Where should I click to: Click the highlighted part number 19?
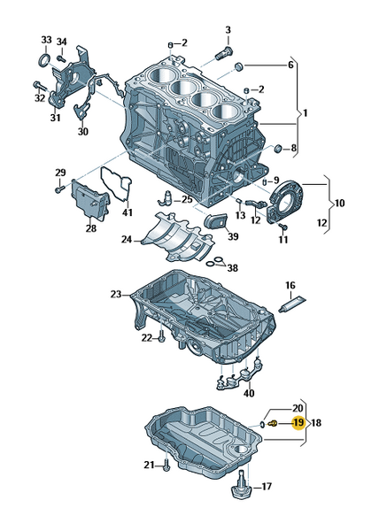pos(298,423)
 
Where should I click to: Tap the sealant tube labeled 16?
pos(292,304)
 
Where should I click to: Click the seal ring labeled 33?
pos(44,60)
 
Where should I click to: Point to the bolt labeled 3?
pos(224,53)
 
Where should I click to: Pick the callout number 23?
pos(116,295)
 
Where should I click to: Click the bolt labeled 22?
pos(162,337)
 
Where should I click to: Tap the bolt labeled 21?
pos(166,466)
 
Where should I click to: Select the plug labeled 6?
pos(239,66)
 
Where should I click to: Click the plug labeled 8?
pos(278,148)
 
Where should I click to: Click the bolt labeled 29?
pos(59,189)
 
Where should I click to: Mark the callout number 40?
pos(249,394)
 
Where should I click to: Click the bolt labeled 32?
pos(39,87)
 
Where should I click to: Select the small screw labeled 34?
pos(61,58)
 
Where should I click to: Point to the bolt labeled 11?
pos(283,226)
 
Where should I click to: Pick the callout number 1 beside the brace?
pos(305,112)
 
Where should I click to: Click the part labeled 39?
pos(216,221)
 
